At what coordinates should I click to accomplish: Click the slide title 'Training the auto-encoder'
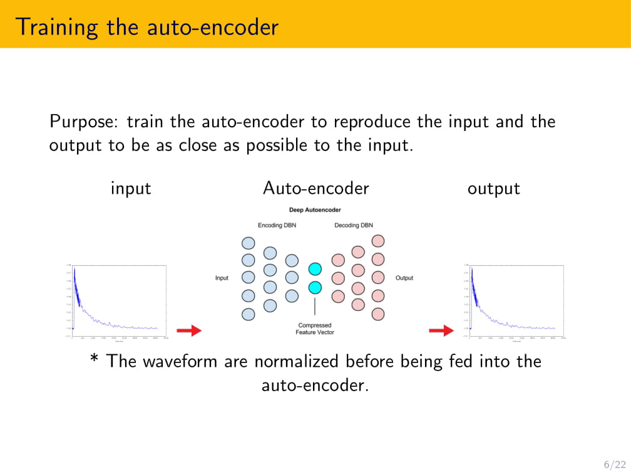pos(147,27)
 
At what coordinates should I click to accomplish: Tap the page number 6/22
pos(615,464)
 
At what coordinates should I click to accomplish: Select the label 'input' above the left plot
pos(131,188)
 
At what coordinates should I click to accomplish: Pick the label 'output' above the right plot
pos(494,188)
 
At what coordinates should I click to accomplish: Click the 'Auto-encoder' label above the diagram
pos(316,188)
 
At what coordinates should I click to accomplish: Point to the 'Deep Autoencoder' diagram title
pos(315,210)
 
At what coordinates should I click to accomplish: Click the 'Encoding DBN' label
pos(277,225)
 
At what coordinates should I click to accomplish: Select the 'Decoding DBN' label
pos(354,225)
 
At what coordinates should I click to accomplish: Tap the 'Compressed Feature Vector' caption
pos(315,329)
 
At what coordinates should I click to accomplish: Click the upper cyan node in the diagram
pos(315,269)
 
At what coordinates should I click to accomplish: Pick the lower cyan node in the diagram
pos(315,288)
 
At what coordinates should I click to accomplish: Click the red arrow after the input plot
pos(188,330)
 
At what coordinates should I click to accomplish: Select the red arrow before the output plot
pos(441,330)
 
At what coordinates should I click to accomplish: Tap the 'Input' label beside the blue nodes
pos(222,278)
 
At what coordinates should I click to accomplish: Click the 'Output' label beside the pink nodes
pos(404,278)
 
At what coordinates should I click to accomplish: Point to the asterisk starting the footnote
pos(95,361)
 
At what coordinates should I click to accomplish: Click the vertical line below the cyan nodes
pos(315,307)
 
